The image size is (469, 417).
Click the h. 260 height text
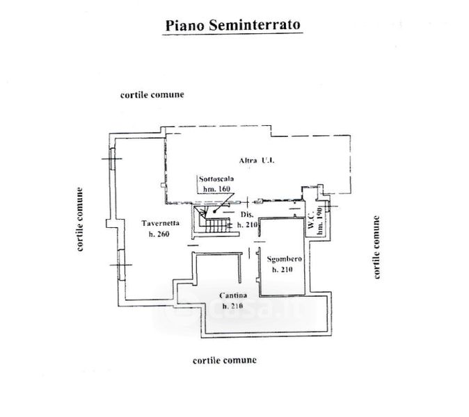point(159,234)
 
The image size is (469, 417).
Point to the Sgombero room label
point(285,259)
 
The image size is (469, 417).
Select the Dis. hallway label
point(248,215)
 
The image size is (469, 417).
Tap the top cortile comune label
point(152,95)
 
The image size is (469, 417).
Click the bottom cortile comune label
point(225,360)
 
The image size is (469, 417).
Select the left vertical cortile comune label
point(80,219)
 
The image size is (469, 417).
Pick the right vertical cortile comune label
point(377,247)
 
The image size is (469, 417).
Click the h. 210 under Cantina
point(233,306)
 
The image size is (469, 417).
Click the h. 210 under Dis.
point(248,224)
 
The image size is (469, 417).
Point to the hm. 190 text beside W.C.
point(319,222)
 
